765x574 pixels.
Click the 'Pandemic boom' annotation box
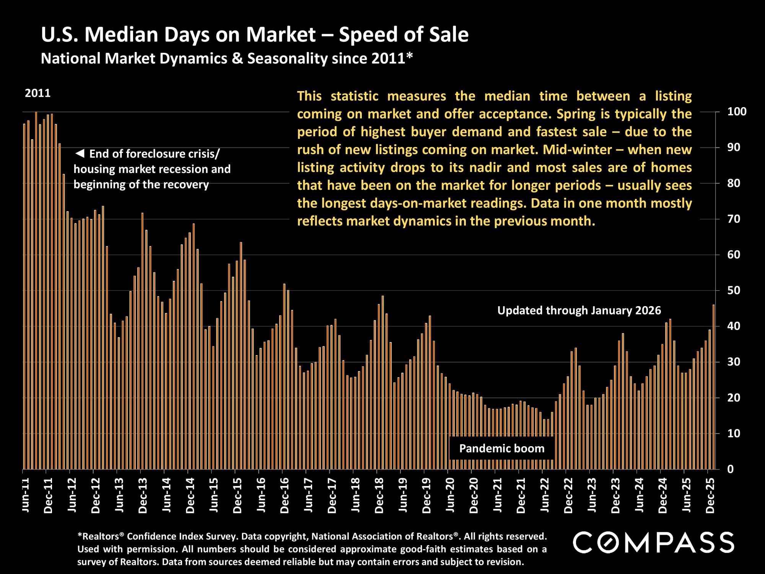point(501,448)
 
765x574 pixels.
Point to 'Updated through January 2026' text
point(579,310)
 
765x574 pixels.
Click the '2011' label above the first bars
point(37,93)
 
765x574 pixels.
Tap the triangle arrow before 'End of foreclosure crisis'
point(80,154)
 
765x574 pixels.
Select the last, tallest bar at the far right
point(713,386)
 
